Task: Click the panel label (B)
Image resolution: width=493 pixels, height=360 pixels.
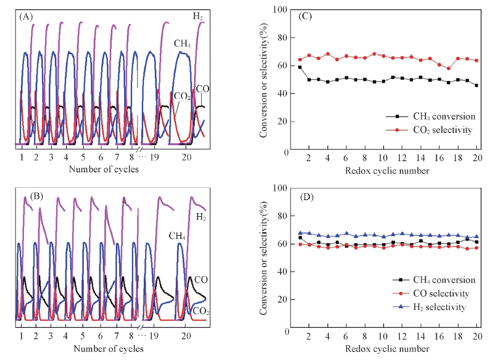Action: tap(27, 196)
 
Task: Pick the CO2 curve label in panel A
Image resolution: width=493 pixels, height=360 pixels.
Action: tap(181, 96)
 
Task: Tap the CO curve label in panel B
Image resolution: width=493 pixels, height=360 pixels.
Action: tap(202, 280)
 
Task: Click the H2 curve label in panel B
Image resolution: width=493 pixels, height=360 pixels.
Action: tap(201, 217)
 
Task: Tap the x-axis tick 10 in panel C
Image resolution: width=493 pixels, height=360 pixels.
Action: tap(383, 158)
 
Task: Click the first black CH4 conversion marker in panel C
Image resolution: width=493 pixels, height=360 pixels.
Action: tap(300, 67)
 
